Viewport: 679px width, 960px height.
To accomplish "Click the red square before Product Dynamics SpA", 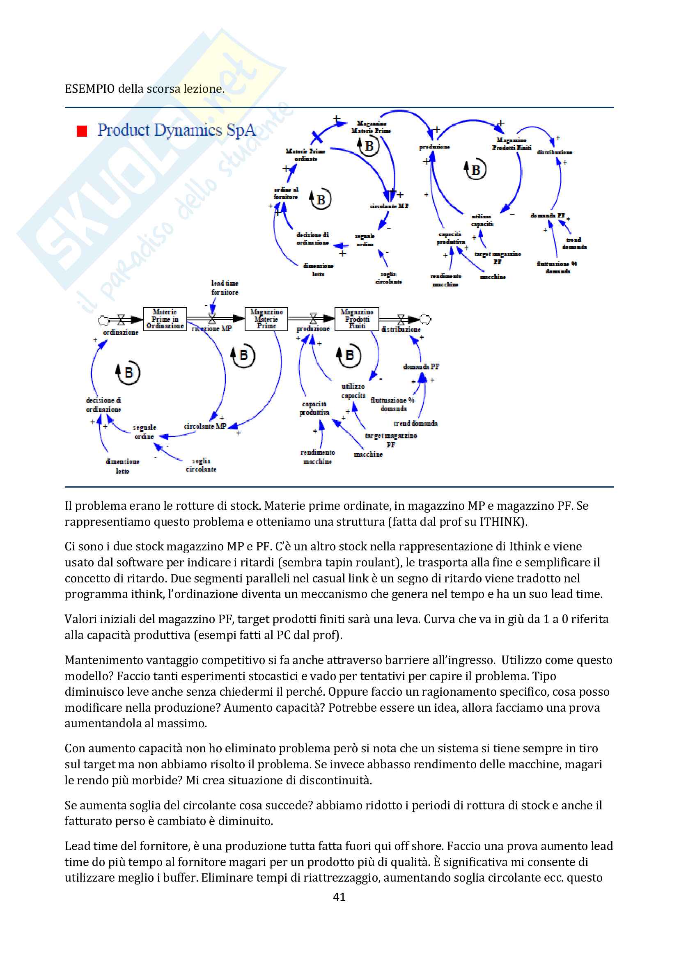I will click(82, 131).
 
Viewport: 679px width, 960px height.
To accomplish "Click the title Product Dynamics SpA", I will click(176, 131).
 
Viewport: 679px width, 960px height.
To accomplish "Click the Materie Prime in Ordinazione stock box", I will click(165, 318).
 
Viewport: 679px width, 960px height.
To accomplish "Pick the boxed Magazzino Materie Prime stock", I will click(266, 318).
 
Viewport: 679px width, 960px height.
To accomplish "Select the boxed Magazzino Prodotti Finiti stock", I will click(357, 318).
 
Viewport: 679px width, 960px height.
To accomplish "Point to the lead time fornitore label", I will click(225, 288).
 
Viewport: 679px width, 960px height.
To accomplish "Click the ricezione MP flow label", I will click(212, 329).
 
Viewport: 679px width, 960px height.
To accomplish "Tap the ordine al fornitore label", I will click(286, 193).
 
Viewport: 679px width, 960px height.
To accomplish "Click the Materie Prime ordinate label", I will click(306, 155).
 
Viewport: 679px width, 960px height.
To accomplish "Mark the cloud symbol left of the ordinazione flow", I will click(103, 321).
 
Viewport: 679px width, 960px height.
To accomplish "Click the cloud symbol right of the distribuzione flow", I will click(425, 319).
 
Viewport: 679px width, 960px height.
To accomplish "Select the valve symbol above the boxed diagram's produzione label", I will click(313, 318).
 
